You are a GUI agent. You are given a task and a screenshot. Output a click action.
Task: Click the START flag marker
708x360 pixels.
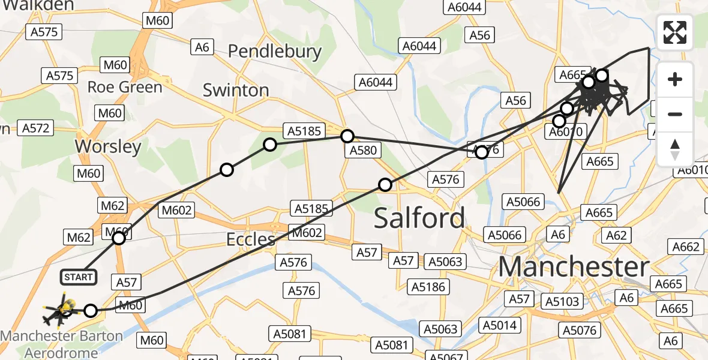click(78, 277)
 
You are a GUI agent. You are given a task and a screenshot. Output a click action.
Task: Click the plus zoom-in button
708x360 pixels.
click(675, 80)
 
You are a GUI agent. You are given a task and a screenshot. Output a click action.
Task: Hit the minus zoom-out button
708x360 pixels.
click(675, 114)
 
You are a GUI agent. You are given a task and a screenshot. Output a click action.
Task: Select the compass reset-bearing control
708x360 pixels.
click(675, 149)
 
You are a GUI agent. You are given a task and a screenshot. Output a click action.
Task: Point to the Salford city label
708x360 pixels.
click(419, 218)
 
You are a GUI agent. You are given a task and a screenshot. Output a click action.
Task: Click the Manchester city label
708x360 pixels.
click(574, 267)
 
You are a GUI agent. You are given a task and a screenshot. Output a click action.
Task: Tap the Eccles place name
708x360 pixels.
click(250, 239)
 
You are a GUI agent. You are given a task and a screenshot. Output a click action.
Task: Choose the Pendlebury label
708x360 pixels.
click(275, 52)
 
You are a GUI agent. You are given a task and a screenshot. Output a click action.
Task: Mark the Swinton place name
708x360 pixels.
click(236, 91)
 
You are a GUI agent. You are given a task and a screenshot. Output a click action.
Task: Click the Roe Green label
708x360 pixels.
click(125, 87)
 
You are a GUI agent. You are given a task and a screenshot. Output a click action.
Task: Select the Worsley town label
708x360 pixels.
click(108, 146)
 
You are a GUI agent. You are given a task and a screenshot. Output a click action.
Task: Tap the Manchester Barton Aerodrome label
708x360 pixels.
click(62, 344)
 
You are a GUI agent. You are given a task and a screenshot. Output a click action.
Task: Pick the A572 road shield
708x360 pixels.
click(36, 128)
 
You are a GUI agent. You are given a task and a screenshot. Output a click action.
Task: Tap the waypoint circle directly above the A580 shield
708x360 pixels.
click(347, 136)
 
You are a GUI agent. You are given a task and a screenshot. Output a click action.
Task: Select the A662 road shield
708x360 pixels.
click(686, 247)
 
